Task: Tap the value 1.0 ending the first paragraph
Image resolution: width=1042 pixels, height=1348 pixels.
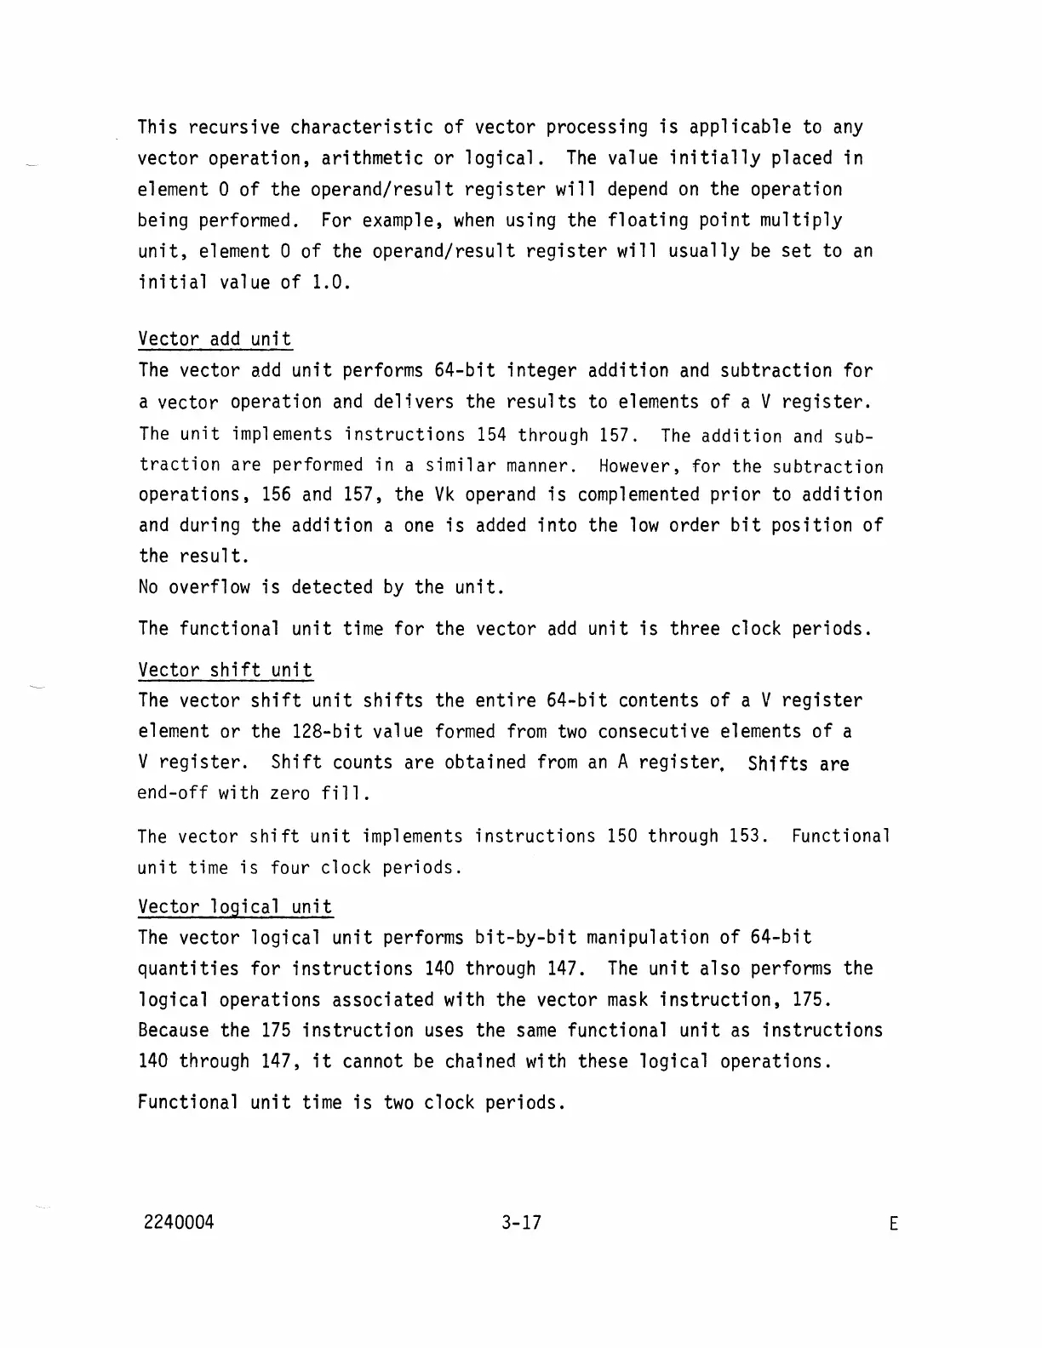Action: [x=331, y=282]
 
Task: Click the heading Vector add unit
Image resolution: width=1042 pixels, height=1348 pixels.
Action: [x=215, y=339]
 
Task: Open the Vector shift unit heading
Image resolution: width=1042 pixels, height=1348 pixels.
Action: [x=225, y=670]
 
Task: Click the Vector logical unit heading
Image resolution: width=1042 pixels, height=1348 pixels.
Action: [x=235, y=906]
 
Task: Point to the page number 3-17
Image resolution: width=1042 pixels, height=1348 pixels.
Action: [x=521, y=1223]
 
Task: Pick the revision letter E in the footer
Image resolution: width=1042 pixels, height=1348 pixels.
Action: [x=893, y=1225]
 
